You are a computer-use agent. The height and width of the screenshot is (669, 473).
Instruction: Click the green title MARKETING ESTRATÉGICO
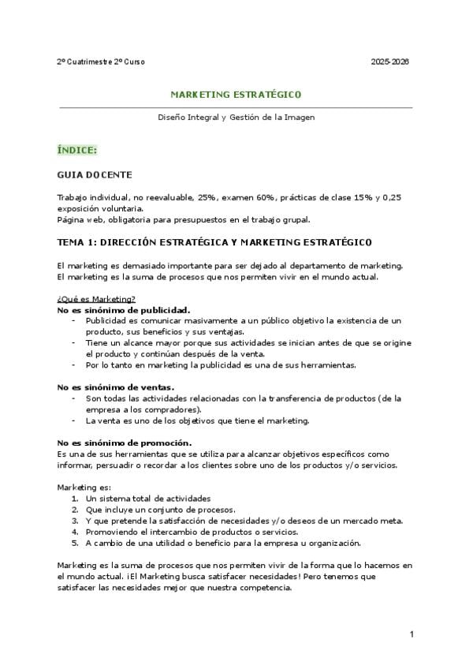pos(236,95)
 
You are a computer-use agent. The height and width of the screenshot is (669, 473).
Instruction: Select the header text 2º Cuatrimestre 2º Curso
pos(101,62)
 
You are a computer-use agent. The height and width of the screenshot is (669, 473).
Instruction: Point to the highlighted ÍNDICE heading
pos(77,149)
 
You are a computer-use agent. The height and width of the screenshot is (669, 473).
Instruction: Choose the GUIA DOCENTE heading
pos(95,174)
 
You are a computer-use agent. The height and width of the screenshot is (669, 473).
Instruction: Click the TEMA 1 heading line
pos(214,241)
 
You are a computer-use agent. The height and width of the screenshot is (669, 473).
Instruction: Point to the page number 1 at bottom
pos(412,633)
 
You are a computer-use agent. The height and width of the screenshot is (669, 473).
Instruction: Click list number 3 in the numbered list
pos(74,521)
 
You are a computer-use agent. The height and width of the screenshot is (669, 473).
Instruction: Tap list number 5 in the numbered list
pos(74,543)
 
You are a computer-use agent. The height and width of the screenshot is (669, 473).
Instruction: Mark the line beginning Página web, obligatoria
pos(184,219)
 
